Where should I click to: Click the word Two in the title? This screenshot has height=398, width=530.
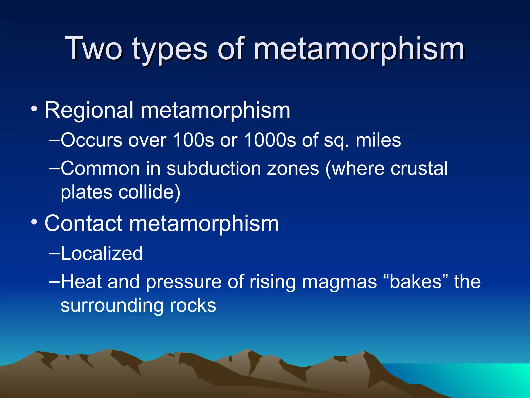click(94, 48)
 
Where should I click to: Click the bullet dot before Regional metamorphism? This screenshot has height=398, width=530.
click(34, 109)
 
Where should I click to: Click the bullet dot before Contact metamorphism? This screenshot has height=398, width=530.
click(34, 222)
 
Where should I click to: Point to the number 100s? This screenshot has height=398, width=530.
click(193, 140)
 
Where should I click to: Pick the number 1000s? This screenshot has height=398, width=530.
click(270, 140)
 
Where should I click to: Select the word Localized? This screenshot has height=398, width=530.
click(101, 253)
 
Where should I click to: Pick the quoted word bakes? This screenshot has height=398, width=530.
click(415, 282)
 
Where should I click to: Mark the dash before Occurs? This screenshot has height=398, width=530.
click(54, 140)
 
